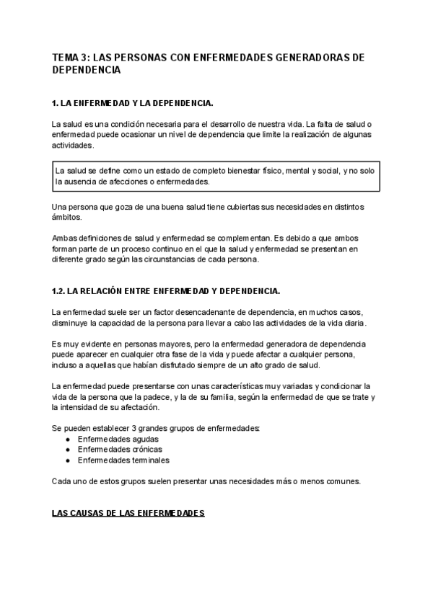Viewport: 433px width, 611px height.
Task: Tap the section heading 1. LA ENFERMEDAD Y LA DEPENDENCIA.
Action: coord(133,104)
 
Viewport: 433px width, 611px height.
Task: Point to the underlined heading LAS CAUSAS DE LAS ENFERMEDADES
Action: coord(128,513)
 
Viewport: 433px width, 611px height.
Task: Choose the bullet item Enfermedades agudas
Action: coord(118,439)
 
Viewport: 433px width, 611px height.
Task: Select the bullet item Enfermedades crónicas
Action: coord(120,450)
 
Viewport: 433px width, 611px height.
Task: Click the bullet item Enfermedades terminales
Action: coord(123,460)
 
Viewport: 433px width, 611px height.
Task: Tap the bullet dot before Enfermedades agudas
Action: coord(68,439)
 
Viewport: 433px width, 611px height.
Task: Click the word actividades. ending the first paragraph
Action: coord(73,145)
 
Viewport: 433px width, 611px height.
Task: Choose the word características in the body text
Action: coord(220,387)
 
